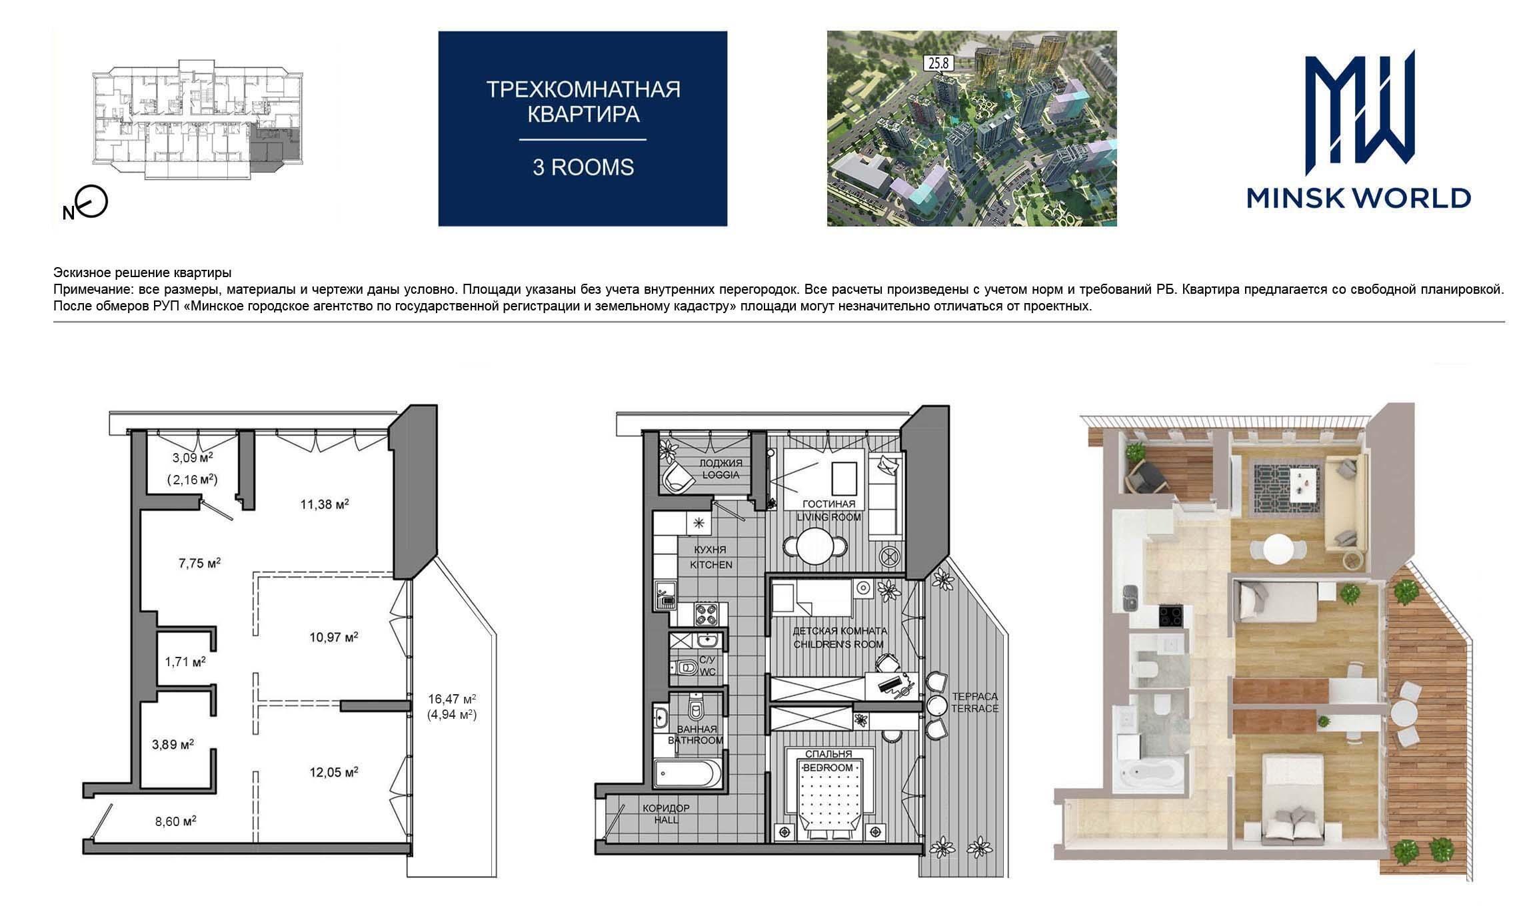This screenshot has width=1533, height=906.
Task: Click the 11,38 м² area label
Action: pos(325,504)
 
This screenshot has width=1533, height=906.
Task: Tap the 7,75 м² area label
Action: pos(199,563)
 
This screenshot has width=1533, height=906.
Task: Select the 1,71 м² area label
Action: pos(185,662)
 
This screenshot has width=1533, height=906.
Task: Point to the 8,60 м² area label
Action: pos(176,821)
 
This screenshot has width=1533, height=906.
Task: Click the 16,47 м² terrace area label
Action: pos(452,699)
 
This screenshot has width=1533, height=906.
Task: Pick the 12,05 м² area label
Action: pos(334,773)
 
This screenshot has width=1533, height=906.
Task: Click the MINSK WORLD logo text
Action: pos(1358,198)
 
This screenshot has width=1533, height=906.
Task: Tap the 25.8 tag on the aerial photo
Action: pos(939,64)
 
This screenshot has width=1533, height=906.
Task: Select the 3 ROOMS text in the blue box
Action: pos(583,167)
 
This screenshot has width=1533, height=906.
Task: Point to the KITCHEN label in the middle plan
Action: pos(711,565)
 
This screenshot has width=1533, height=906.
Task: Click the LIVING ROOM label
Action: pos(829,517)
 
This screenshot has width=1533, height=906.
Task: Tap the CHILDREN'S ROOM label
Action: pos(838,644)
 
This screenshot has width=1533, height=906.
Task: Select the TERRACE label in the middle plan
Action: pos(974,708)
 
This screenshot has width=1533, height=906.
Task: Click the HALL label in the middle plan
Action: pos(666,820)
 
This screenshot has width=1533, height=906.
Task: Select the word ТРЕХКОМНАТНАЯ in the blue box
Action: pos(583,89)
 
